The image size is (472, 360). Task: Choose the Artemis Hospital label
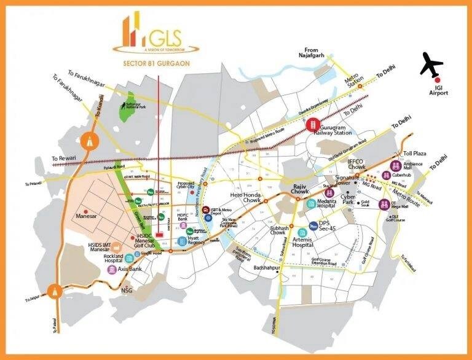click(294, 241)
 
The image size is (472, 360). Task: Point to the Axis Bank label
click(131, 269)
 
